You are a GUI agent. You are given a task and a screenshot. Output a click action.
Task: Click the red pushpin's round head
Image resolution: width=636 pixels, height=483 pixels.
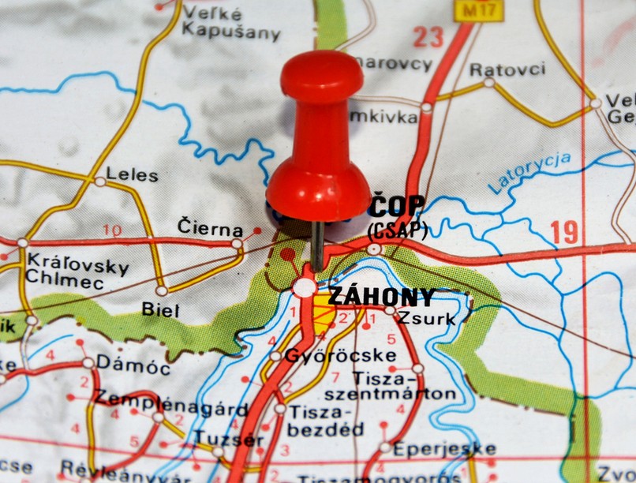pos(322,77)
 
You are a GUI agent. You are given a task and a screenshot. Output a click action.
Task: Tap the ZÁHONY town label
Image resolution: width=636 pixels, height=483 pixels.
pos(380,297)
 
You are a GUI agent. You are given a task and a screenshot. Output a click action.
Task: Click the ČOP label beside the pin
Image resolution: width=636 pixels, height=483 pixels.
pos(398,206)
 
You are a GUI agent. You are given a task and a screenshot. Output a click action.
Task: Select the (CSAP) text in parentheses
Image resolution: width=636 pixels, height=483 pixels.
pos(398,230)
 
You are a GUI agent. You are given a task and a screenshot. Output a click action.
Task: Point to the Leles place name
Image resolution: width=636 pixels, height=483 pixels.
pos(132,174)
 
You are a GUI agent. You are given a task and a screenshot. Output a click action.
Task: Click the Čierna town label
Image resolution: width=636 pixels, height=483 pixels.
pos(210,230)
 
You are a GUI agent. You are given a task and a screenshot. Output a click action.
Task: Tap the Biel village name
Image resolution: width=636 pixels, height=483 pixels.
pos(160,309)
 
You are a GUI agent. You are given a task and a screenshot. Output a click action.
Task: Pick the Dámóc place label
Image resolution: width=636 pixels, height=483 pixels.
pos(132,368)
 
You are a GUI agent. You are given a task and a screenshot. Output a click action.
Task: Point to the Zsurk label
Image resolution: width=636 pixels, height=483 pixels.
pos(426,319)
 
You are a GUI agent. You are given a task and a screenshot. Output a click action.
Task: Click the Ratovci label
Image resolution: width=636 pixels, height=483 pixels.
pos(507,69)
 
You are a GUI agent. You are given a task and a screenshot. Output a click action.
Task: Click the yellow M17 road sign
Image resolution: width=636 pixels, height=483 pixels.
pos(467,9)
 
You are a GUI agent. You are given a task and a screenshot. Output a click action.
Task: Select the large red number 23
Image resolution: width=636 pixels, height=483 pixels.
pos(428,36)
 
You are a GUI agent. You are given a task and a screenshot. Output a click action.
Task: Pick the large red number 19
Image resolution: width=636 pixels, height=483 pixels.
pos(564,232)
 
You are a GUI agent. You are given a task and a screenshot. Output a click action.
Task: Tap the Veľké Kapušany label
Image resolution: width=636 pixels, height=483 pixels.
pos(230,23)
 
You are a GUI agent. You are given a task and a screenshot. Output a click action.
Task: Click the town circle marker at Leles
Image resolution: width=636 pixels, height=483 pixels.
pos(100,182)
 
